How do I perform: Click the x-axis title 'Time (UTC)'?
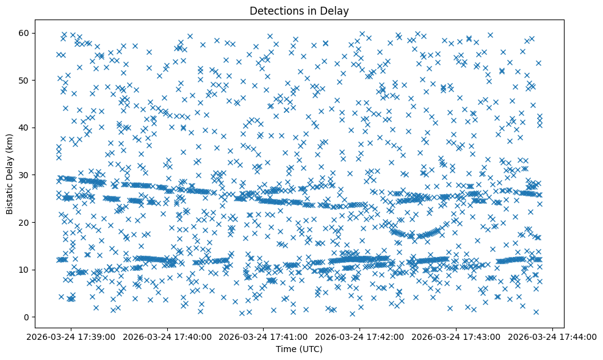pos(299,350)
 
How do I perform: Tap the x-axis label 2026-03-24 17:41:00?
pos(264,336)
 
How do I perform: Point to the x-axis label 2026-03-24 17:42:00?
pos(360,336)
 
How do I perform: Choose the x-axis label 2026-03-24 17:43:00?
pos(457,336)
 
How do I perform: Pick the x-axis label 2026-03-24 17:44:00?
pos(553,336)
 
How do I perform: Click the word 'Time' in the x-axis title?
pos(286,350)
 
